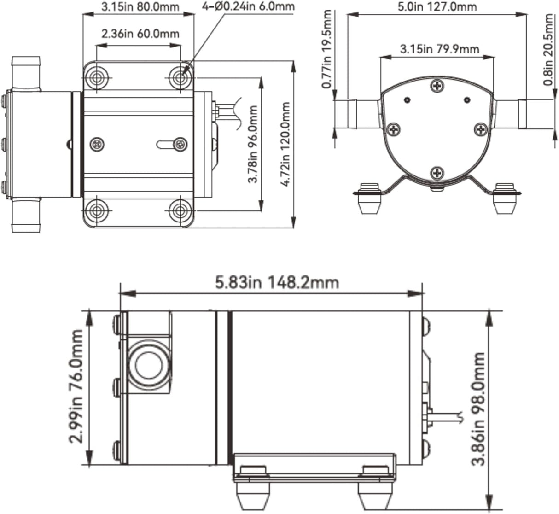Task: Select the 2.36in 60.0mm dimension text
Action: [x=140, y=34]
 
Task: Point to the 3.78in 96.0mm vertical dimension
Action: [x=253, y=144]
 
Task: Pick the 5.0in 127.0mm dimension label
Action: [x=437, y=7]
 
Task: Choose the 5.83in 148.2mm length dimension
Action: [x=277, y=282]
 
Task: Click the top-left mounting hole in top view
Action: [x=96, y=78]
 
